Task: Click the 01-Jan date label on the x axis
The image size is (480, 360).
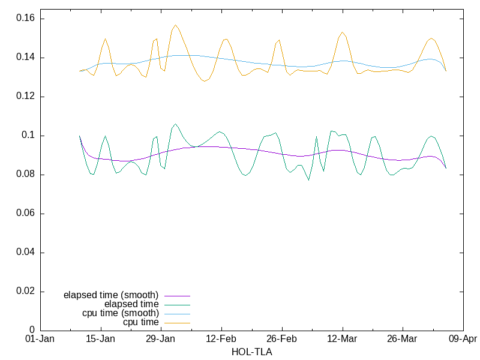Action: (40, 339)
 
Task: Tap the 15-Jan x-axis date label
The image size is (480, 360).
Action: (101, 339)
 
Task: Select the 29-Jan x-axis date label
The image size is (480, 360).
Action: (161, 339)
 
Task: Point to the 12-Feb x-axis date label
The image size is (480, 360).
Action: (221, 339)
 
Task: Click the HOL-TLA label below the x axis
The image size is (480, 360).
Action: (251, 352)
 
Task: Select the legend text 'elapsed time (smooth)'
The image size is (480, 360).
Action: (111, 295)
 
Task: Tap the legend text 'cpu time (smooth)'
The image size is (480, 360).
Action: (120, 313)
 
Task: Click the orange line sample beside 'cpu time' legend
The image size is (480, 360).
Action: (176, 323)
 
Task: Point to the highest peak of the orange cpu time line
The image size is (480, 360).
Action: (175, 25)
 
